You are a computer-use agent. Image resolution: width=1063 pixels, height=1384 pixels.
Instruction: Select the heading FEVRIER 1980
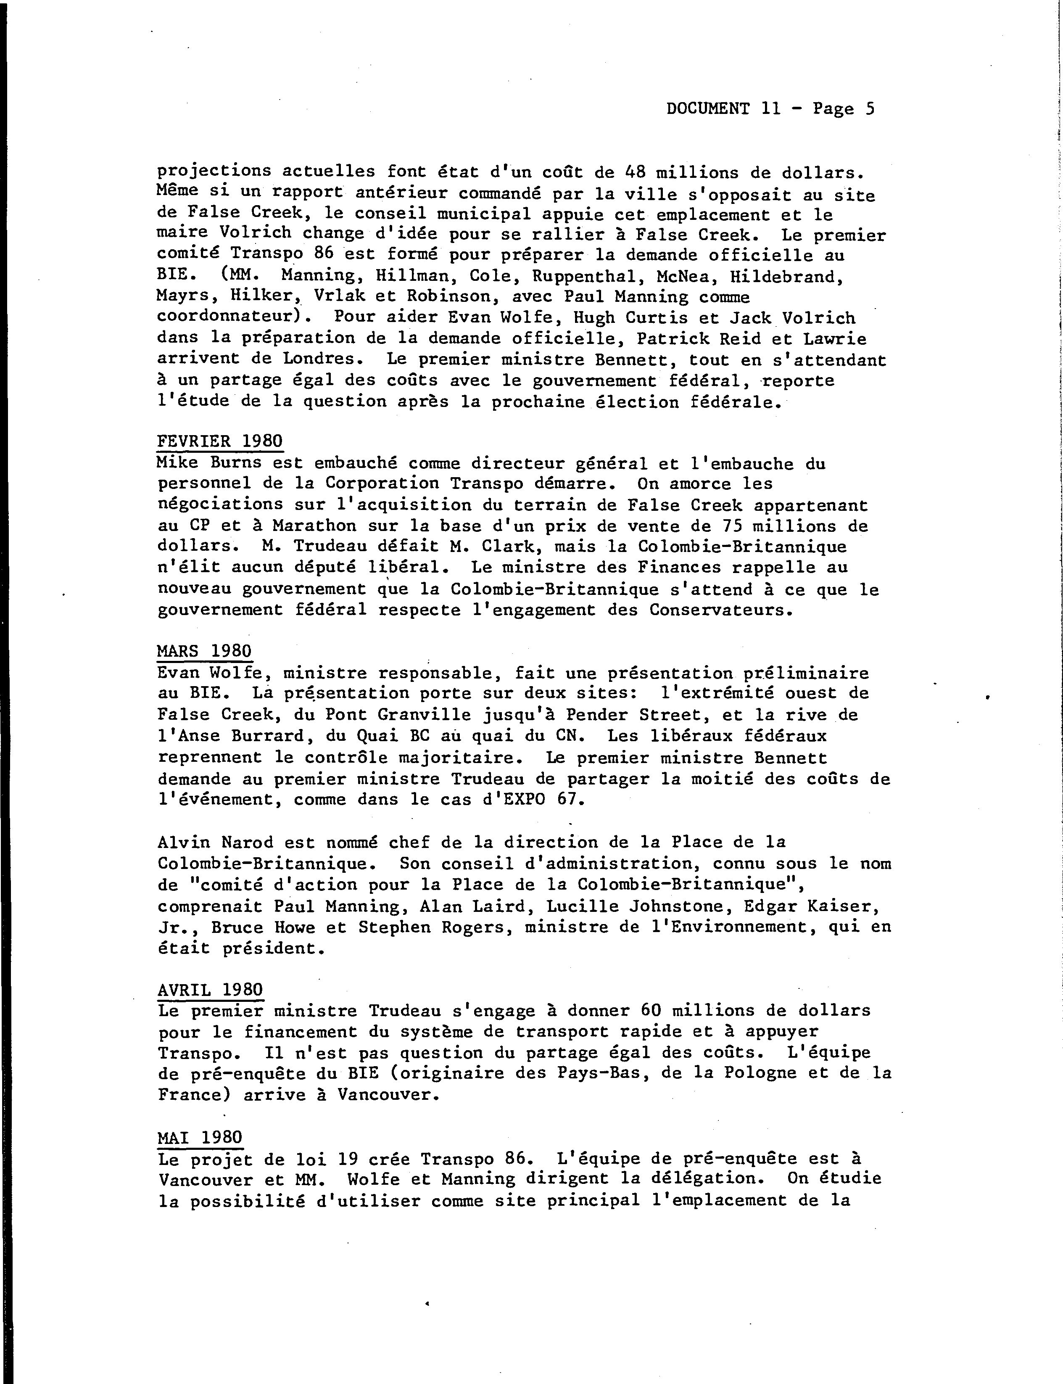[x=219, y=441]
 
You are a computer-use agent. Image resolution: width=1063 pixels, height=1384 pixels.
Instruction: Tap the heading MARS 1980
[x=204, y=651]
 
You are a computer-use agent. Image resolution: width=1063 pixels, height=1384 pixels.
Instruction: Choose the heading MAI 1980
[x=199, y=1137]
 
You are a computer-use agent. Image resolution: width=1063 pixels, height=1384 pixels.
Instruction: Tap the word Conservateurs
[x=721, y=610]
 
